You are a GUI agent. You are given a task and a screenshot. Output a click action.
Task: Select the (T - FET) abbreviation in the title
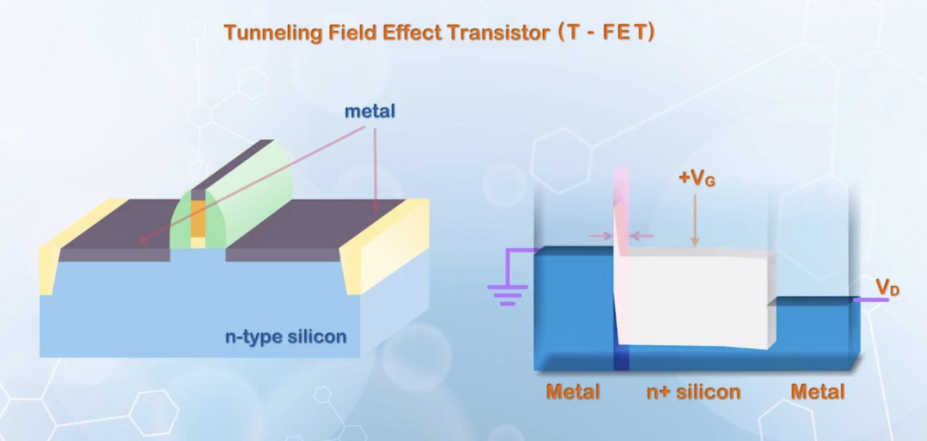(x=606, y=32)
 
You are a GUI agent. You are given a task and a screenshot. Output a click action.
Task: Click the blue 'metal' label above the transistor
(x=370, y=111)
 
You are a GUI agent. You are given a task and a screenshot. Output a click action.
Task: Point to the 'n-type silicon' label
(x=286, y=337)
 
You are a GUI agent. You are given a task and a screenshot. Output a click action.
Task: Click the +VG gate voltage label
(x=697, y=178)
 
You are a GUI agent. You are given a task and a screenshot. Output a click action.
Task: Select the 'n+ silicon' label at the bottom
(x=693, y=392)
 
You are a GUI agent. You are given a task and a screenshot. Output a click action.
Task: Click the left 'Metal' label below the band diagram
(x=573, y=392)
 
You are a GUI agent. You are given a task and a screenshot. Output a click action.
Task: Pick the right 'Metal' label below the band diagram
(x=817, y=392)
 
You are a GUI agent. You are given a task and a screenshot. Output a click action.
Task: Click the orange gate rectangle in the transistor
(x=198, y=218)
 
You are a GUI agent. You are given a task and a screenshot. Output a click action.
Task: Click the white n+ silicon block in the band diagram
(x=696, y=299)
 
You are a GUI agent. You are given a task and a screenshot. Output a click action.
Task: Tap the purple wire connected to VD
(x=870, y=300)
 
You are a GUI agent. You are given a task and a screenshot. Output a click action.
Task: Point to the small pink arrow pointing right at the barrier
(x=601, y=236)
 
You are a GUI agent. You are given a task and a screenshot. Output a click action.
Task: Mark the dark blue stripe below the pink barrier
(x=621, y=358)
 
